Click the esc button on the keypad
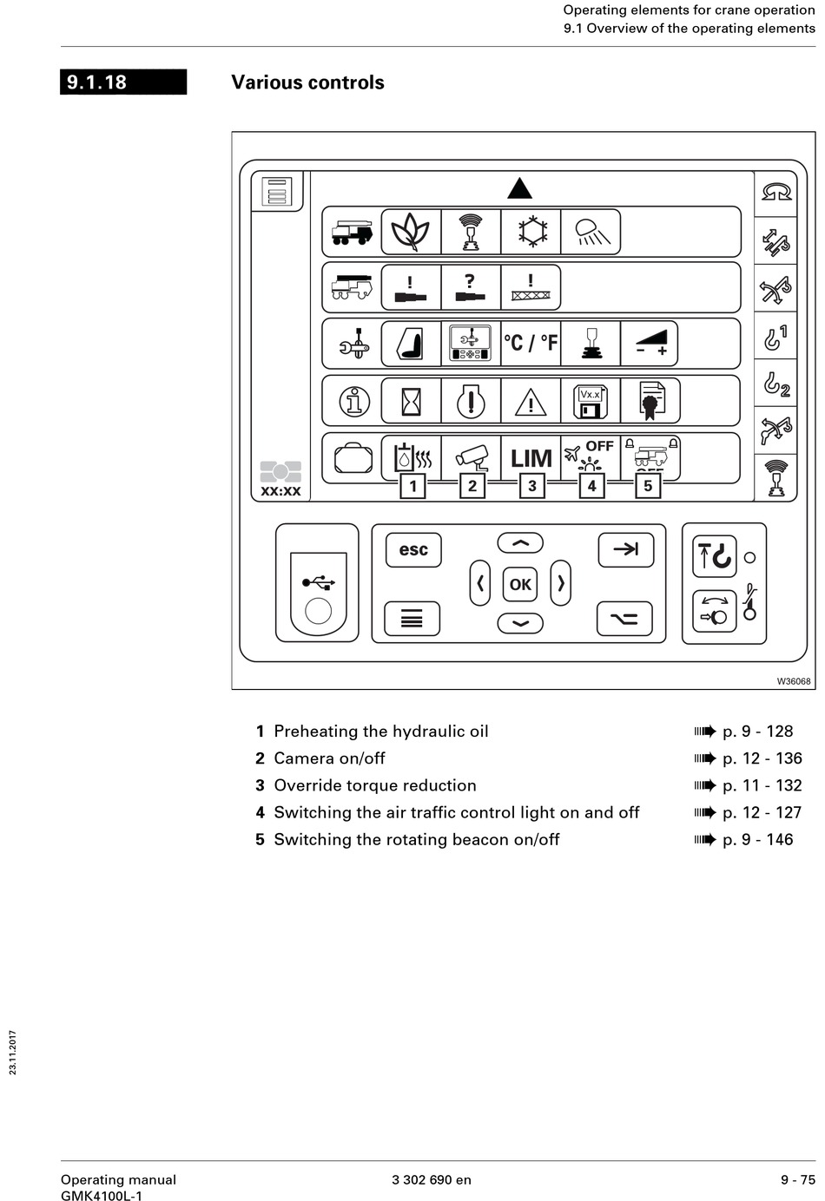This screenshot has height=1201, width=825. (413, 550)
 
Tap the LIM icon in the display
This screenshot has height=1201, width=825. (531, 457)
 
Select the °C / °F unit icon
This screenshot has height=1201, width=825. (531, 343)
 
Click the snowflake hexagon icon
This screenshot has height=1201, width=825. (531, 231)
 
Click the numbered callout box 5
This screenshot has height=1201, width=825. (648, 486)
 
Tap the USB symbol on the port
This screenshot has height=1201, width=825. (319, 582)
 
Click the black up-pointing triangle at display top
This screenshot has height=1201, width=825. (519, 188)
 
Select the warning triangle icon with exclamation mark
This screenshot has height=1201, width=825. (531, 402)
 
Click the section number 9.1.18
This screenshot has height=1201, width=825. (97, 82)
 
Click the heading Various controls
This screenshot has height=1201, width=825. (307, 82)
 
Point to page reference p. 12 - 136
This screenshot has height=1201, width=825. (762, 758)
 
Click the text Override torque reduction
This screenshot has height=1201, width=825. (375, 785)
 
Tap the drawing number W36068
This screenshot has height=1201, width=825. (793, 681)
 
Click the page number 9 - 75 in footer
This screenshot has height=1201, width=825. (797, 1179)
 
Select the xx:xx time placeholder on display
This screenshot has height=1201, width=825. (280, 491)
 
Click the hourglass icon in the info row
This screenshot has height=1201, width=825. (411, 402)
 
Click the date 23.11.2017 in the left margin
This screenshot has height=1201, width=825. (13, 1052)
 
